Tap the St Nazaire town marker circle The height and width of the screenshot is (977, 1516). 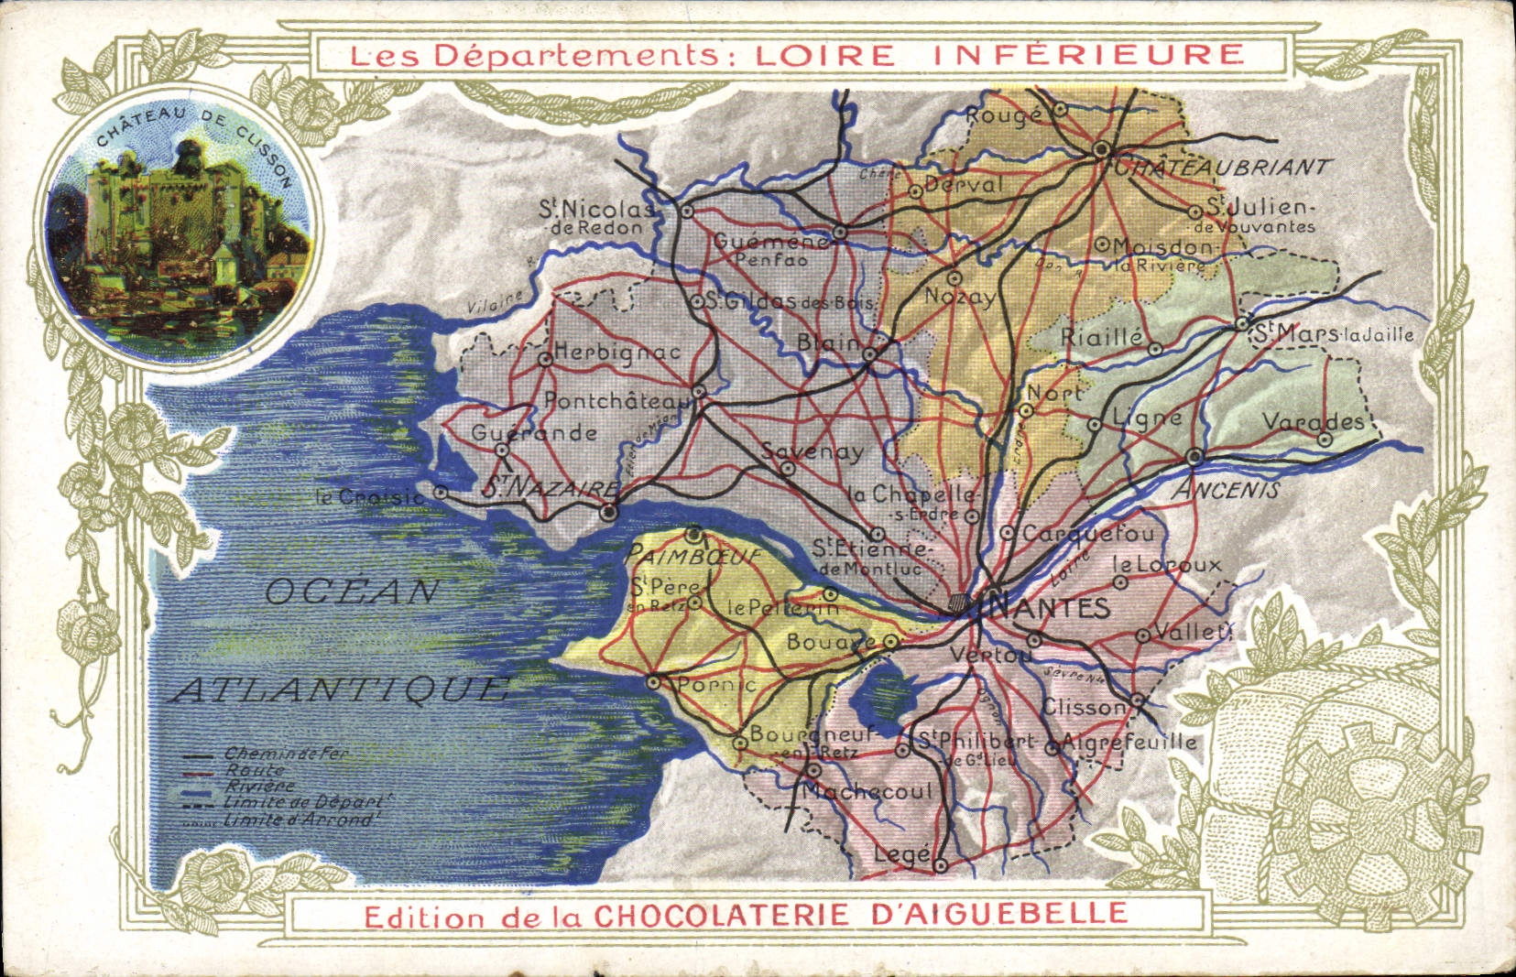pyautogui.click(x=609, y=513)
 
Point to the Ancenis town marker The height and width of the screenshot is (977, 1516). pyautogui.click(x=1194, y=456)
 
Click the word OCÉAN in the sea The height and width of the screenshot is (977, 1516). pyautogui.click(x=353, y=592)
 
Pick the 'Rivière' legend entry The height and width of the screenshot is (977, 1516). pyautogui.click(x=261, y=786)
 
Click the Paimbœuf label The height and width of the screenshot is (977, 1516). pyautogui.click(x=694, y=555)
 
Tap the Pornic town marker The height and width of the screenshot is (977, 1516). pyautogui.click(x=654, y=682)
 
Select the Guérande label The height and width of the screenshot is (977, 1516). pyautogui.click(x=534, y=433)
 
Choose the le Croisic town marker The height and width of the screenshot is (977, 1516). pyautogui.click(x=441, y=493)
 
